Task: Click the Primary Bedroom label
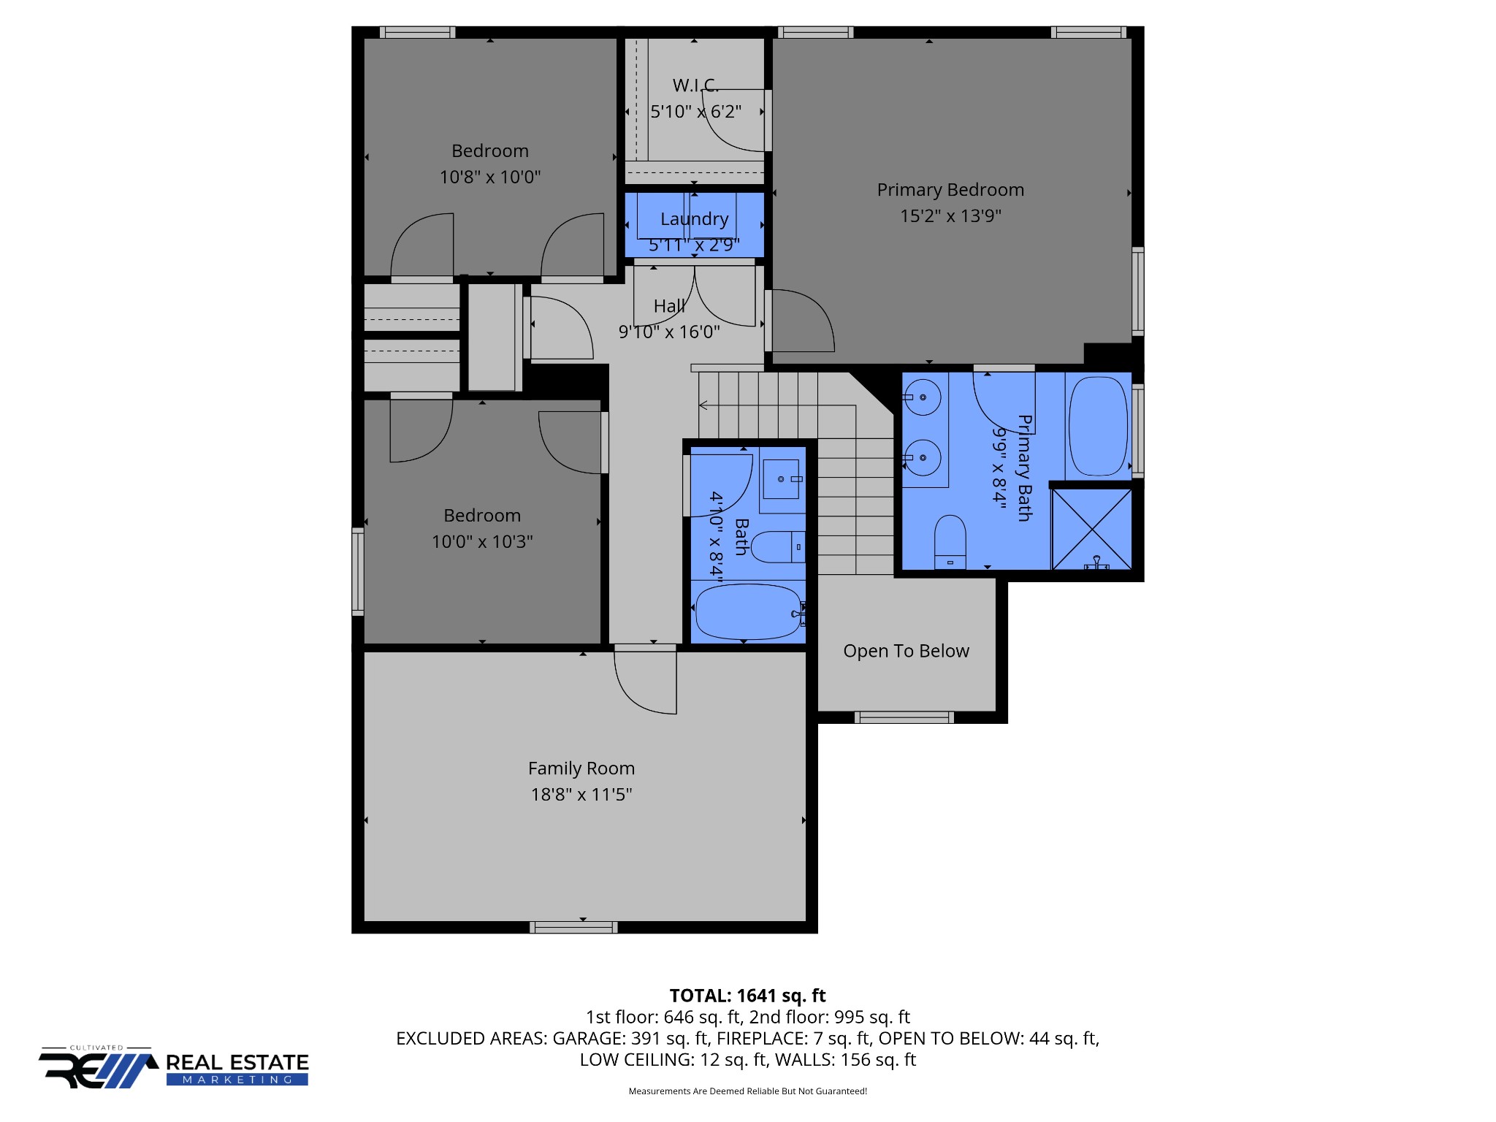pos(950,190)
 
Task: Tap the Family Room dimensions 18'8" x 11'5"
pos(581,794)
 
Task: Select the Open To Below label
pos(906,651)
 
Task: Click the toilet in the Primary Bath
pos(950,541)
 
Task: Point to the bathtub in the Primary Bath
pos(1098,427)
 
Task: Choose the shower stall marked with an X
pos(1091,529)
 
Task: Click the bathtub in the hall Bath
pos(749,612)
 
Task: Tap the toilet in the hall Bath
pos(778,547)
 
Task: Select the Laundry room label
pos(695,219)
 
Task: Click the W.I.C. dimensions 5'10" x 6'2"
pos(696,112)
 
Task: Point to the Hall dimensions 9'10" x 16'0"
pos(669,332)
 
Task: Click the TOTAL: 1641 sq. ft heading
pos(747,996)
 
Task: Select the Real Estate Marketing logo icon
pos(99,1068)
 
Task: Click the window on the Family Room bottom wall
pos(573,928)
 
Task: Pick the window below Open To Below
pos(904,717)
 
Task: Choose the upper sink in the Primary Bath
pos(922,397)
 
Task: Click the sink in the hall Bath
pos(781,479)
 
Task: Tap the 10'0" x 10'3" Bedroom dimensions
pos(482,541)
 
